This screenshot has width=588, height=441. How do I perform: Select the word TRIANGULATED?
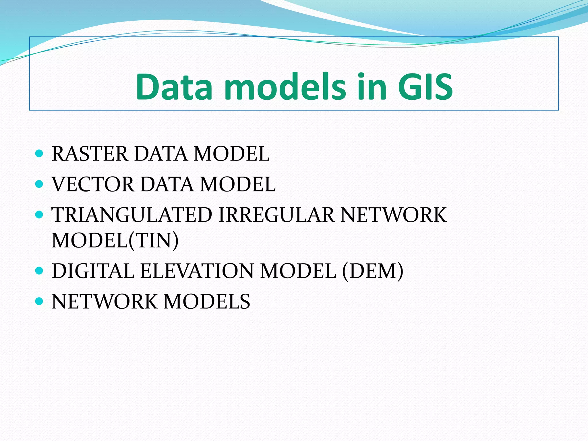pos(132,215)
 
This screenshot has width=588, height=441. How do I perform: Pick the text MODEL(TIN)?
pos(115,240)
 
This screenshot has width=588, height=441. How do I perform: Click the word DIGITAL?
pos(93,271)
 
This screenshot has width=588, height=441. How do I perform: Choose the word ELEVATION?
pos(197,271)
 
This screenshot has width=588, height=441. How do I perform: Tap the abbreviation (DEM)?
pos(372,271)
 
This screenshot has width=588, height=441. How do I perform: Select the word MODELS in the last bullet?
pos(207,301)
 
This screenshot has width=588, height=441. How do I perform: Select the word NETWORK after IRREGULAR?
pos(393,215)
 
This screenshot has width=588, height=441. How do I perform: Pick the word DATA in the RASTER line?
pos(161,154)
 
